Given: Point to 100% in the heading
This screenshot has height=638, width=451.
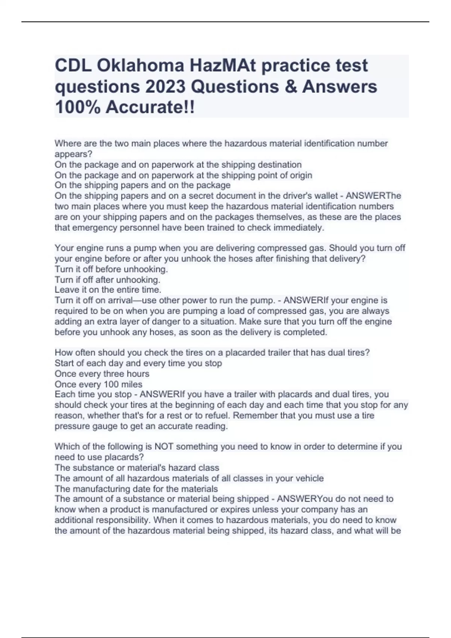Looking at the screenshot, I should [x=77, y=108].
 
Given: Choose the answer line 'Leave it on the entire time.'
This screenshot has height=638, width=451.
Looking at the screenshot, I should [x=108, y=290].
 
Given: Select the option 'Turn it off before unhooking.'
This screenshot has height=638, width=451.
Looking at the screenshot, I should [x=111, y=269].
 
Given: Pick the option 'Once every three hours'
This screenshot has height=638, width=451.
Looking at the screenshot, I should [x=102, y=374].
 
